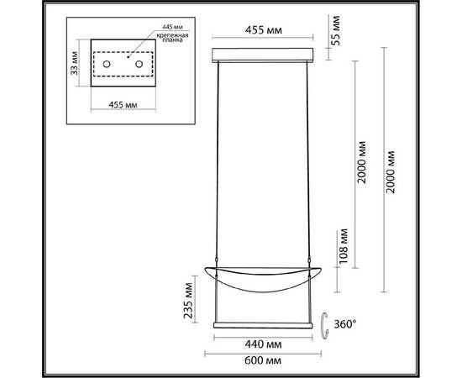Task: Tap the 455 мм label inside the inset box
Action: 123,107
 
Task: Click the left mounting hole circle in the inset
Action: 107,65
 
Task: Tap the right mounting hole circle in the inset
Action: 137,65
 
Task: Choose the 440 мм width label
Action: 265,343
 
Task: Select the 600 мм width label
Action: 265,360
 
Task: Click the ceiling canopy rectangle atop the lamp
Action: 264,55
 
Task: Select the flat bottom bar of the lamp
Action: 264,323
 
